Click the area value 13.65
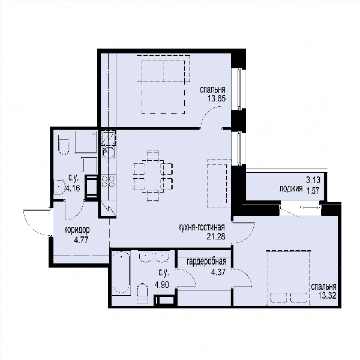[217, 98]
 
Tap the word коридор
[77, 230]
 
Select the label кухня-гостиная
[202, 227]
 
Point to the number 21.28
[216, 236]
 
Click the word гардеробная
[206, 262]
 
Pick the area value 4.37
[218, 272]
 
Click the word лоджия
[290, 189]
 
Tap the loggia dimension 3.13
[313, 180]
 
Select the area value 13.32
[327, 295]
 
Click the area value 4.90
[162, 285]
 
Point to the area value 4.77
[81, 241]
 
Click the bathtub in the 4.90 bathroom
[121, 272]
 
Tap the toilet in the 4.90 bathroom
[142, 293]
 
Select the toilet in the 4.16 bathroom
[64, 145]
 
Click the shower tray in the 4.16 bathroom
[86, 142]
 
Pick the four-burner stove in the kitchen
[109, 182]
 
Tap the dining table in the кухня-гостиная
[152, 176]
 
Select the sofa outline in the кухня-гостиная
[219, 184]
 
